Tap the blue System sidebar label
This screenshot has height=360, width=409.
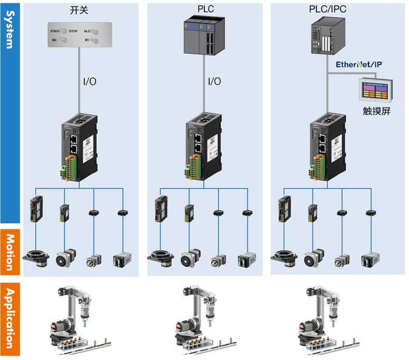(10, 31)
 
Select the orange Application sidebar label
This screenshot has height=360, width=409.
(10, 319)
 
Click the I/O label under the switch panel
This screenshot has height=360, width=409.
(89, 81)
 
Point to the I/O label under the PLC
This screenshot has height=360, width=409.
(214, 81)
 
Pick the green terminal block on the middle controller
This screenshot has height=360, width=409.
(193, 168)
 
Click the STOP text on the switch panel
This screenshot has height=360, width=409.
(73, 31)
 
